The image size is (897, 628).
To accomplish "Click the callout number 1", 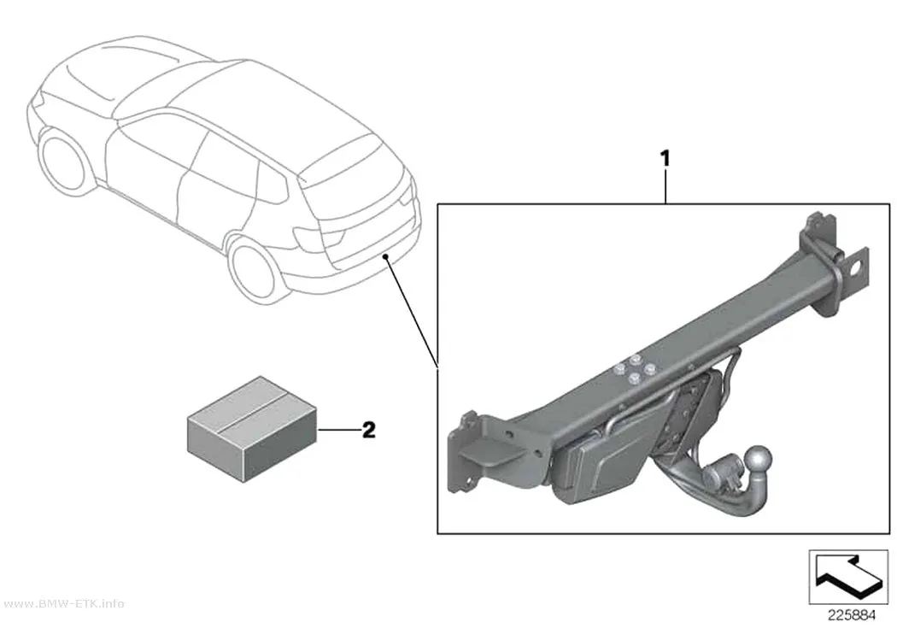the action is (665, 158).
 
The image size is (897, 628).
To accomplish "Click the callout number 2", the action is (369, 430).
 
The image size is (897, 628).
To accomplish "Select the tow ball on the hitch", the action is (758, 460).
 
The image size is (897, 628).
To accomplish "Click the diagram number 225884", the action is (852, 615).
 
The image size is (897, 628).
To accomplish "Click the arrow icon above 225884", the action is (848, 577).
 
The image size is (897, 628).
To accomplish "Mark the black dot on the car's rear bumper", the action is (387, 256).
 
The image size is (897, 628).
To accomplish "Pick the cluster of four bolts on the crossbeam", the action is (634, 369).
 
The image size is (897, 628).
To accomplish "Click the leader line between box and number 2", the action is (338, 430).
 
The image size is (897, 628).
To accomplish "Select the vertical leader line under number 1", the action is (665, 186).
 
